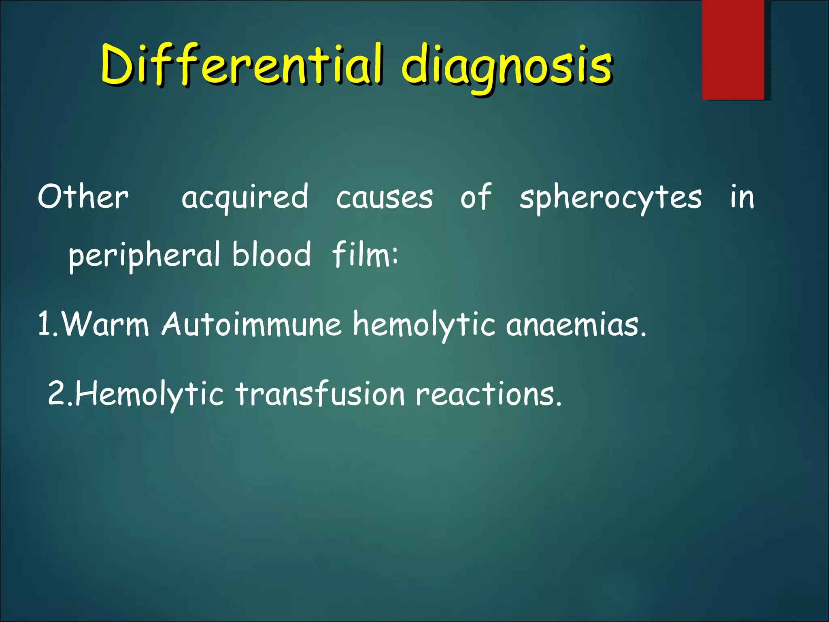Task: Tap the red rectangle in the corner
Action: [733, 49]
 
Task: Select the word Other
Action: [83, 197]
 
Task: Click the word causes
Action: [384, 198]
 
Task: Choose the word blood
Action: [272, 254]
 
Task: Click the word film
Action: [361, 254]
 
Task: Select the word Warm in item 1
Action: [106, 324]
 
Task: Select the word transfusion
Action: [320, 394]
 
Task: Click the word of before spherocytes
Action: [476, 197]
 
